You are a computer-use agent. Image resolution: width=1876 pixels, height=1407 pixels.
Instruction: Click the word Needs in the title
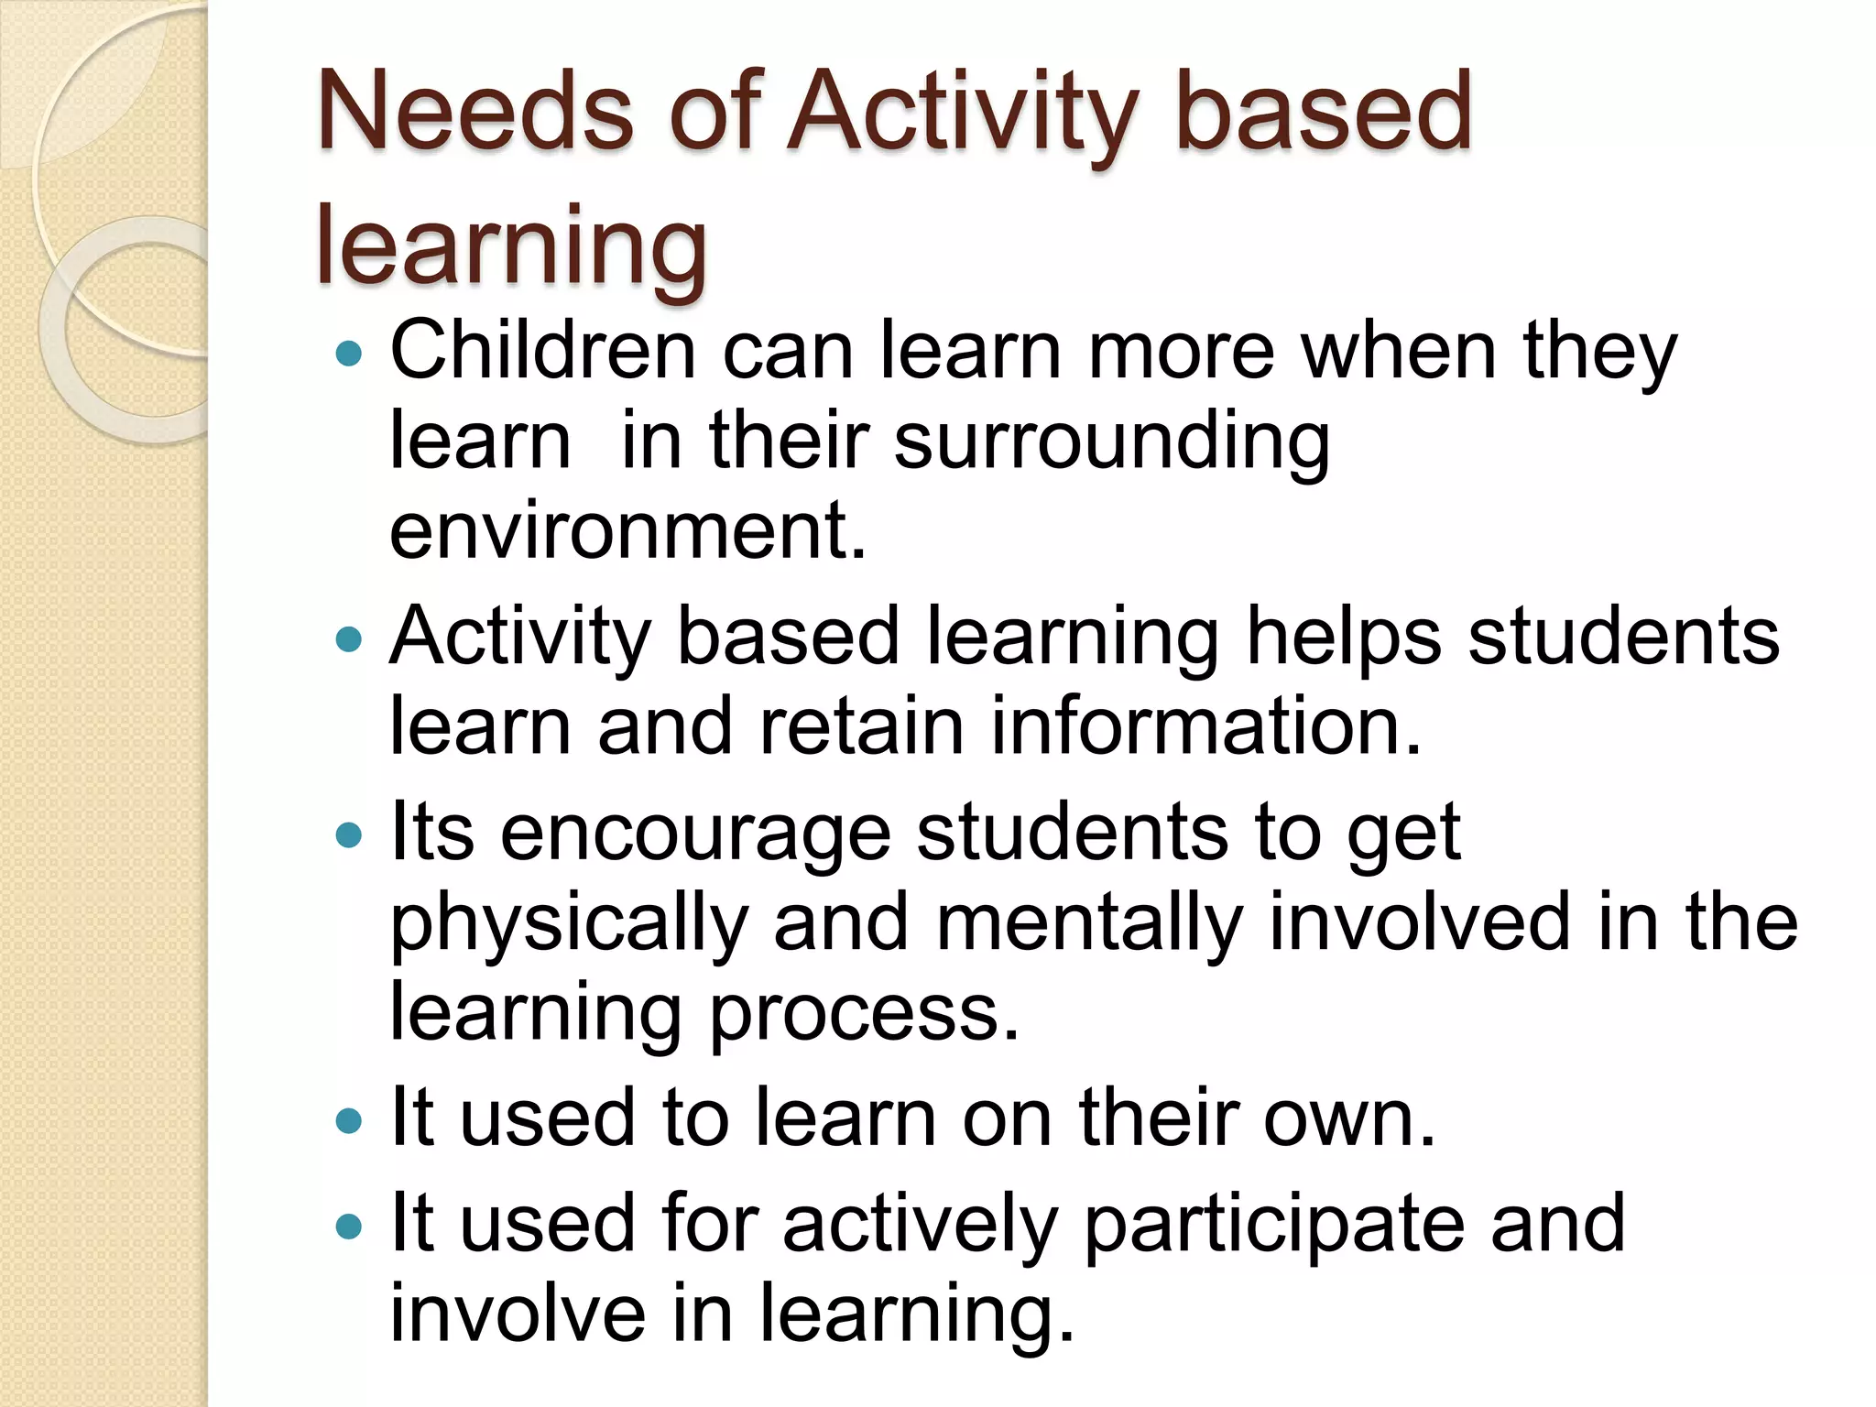pos(474,114)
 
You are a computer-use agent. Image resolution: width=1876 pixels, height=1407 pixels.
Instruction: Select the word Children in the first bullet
pos(542,351)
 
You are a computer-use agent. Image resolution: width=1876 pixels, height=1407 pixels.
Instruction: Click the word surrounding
pos(1111,441)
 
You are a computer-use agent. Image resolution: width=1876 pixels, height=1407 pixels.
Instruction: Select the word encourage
pos(694,834)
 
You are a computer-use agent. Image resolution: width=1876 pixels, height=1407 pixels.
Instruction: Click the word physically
pos(569,923)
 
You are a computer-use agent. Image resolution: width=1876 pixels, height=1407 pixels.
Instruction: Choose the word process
pos(864,1013)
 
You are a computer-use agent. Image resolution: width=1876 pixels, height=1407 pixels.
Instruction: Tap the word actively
pos(920,1225)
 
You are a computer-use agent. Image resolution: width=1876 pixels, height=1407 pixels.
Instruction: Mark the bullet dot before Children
pos(349,353)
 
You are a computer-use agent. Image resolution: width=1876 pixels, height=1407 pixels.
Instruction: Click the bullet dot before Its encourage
pos(349,834)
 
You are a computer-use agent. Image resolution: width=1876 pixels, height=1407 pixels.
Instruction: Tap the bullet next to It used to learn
pos(349,1119)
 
